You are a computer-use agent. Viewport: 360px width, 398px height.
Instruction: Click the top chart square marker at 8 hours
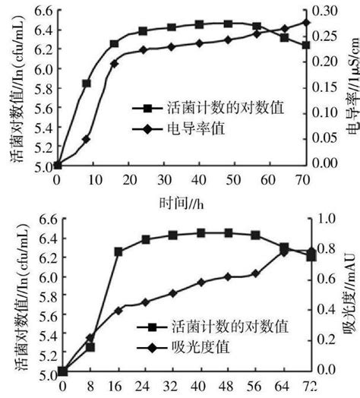(x=86, y=84)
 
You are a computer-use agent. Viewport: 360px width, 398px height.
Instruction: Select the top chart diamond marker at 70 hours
(x=306, y=22)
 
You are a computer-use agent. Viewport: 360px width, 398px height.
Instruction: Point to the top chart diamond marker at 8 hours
(x=86, y=139)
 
